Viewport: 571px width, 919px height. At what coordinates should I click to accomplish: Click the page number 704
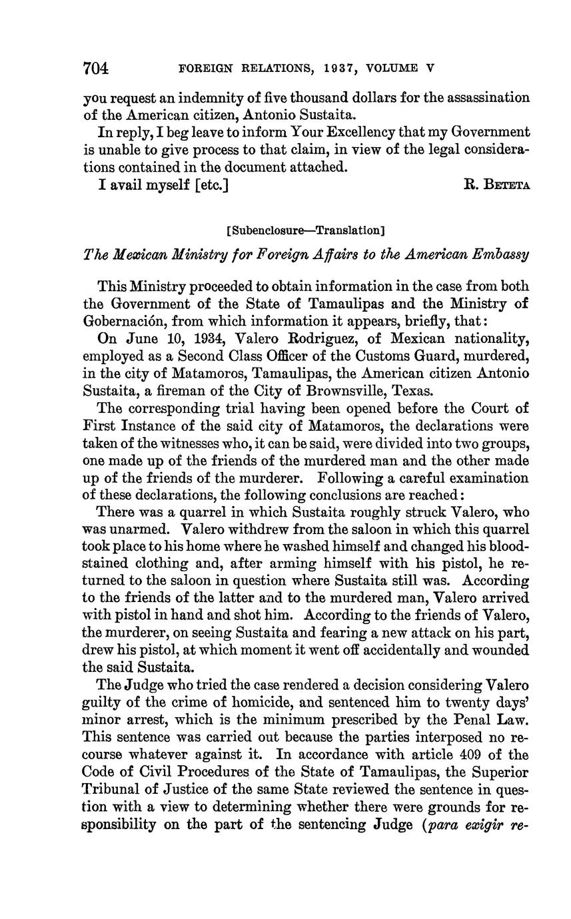tap(95, 68)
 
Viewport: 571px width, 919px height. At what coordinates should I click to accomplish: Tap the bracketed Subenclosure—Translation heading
tap(306, 230)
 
